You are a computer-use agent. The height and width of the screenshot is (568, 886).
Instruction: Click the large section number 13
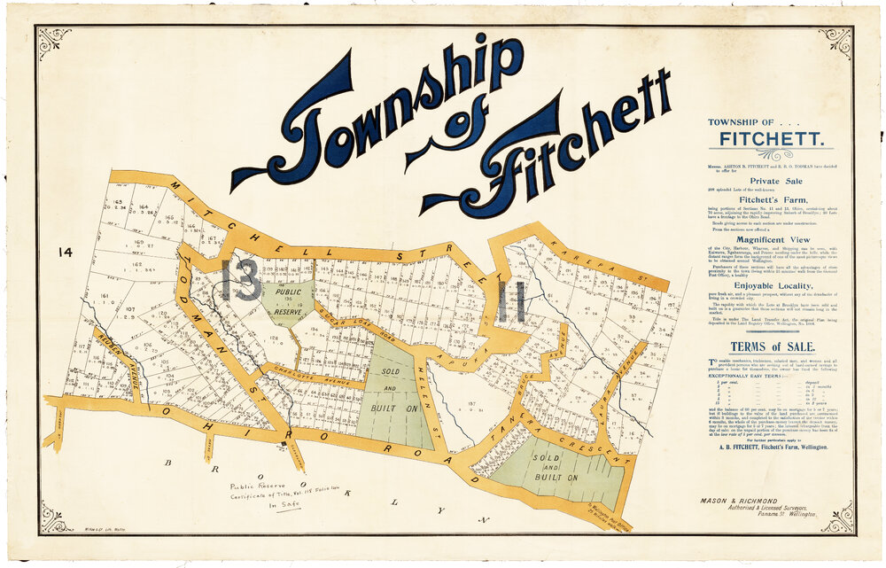pyautogui.click(x=241, y=280)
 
